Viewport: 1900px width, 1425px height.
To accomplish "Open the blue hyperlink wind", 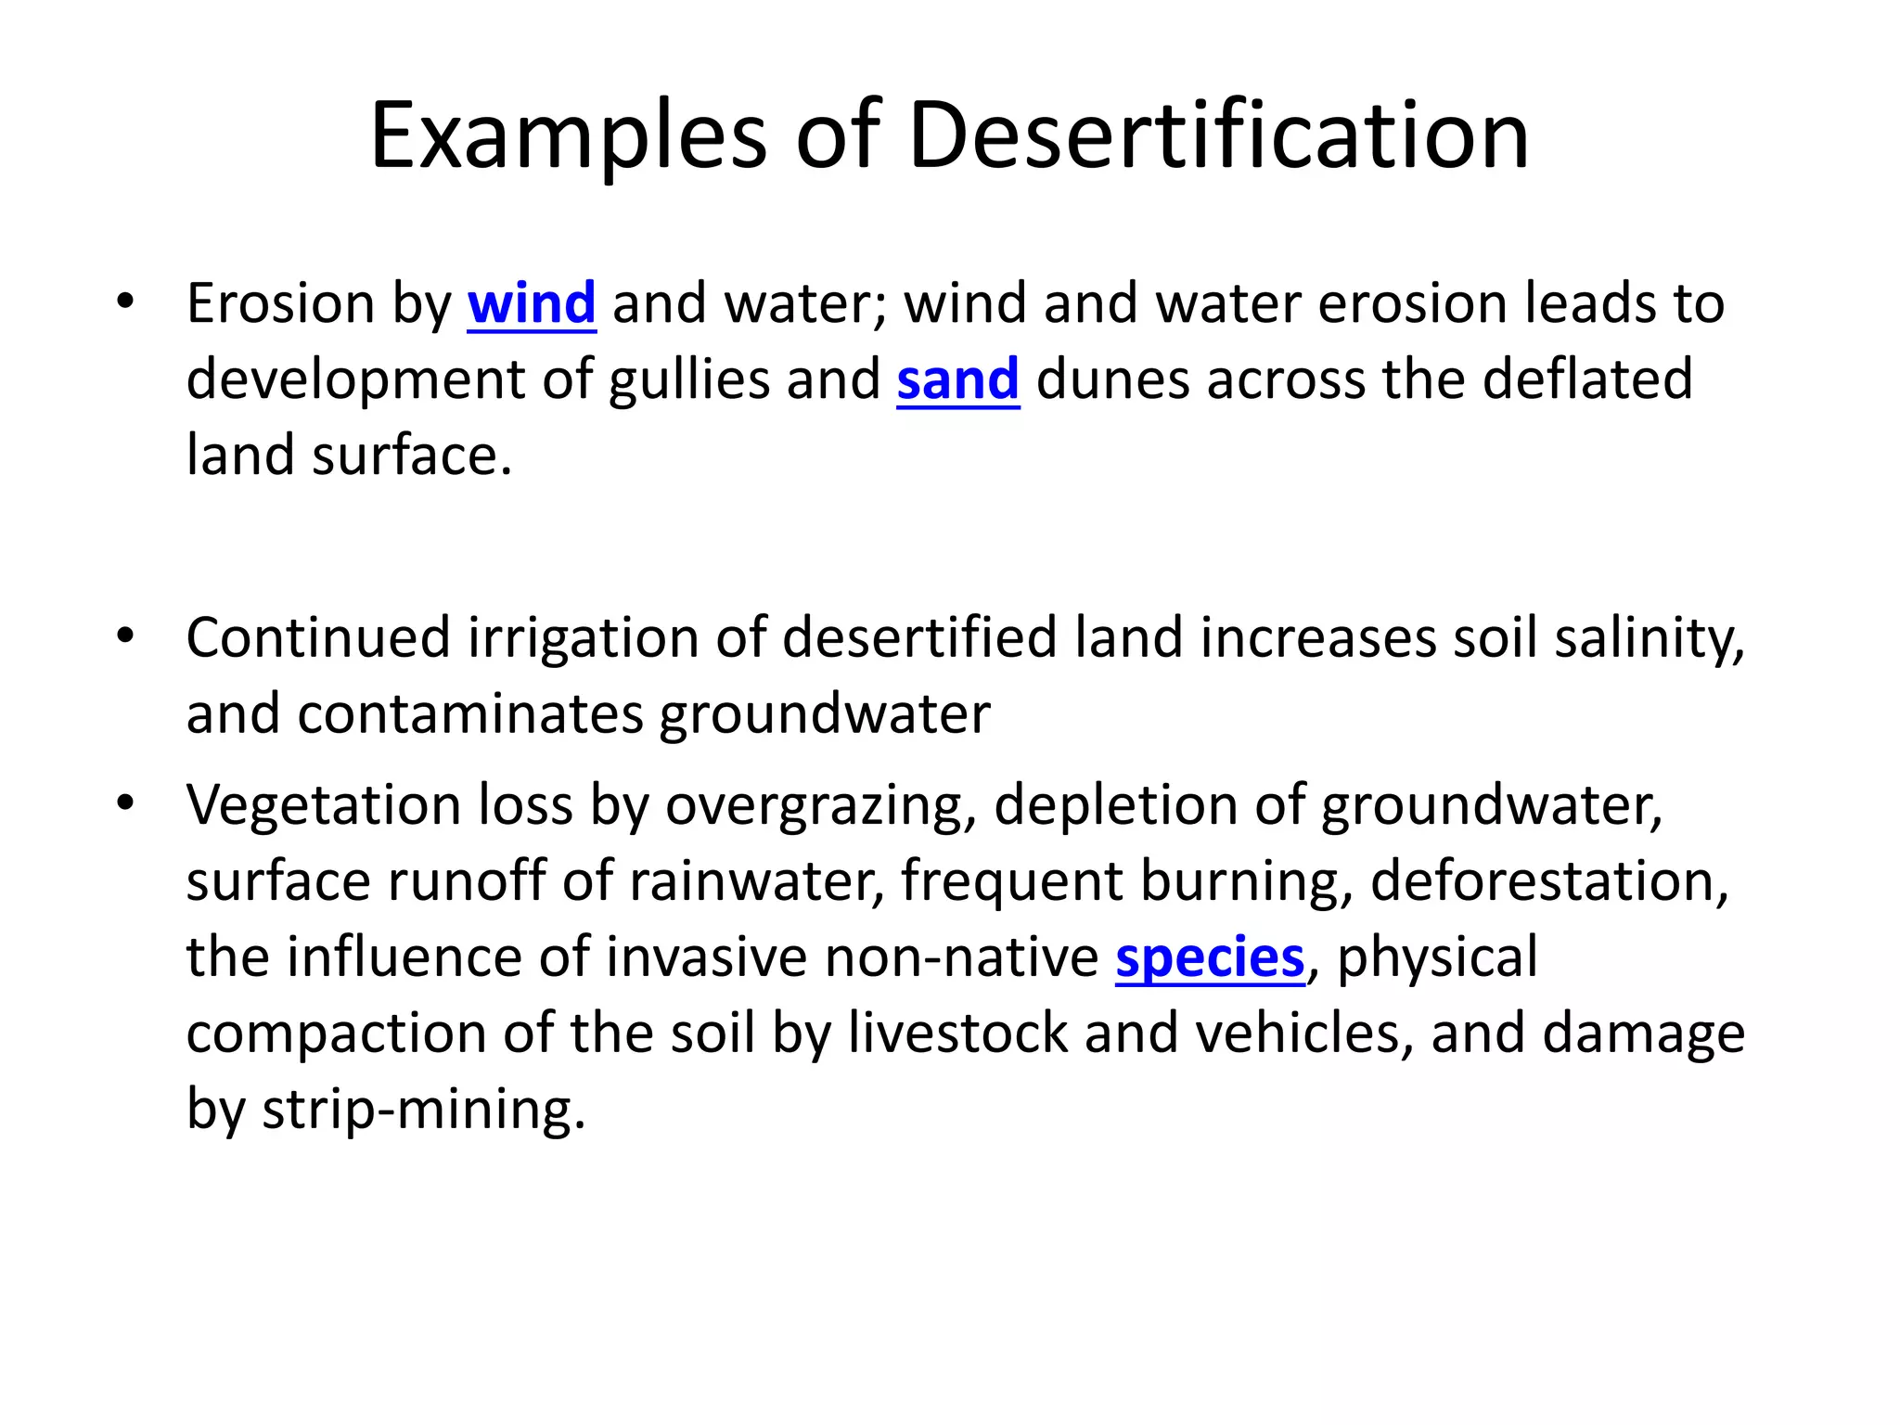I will click(532, 303).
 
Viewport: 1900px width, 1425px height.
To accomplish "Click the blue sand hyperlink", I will click(957, 379).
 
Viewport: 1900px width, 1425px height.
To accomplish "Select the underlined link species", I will click(1210, 957).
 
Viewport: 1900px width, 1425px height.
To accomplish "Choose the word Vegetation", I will click(323, 804).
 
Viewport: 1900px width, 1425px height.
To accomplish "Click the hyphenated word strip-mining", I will click(424, 1110).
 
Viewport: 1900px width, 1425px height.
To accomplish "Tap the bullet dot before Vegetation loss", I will click(126, 802).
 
